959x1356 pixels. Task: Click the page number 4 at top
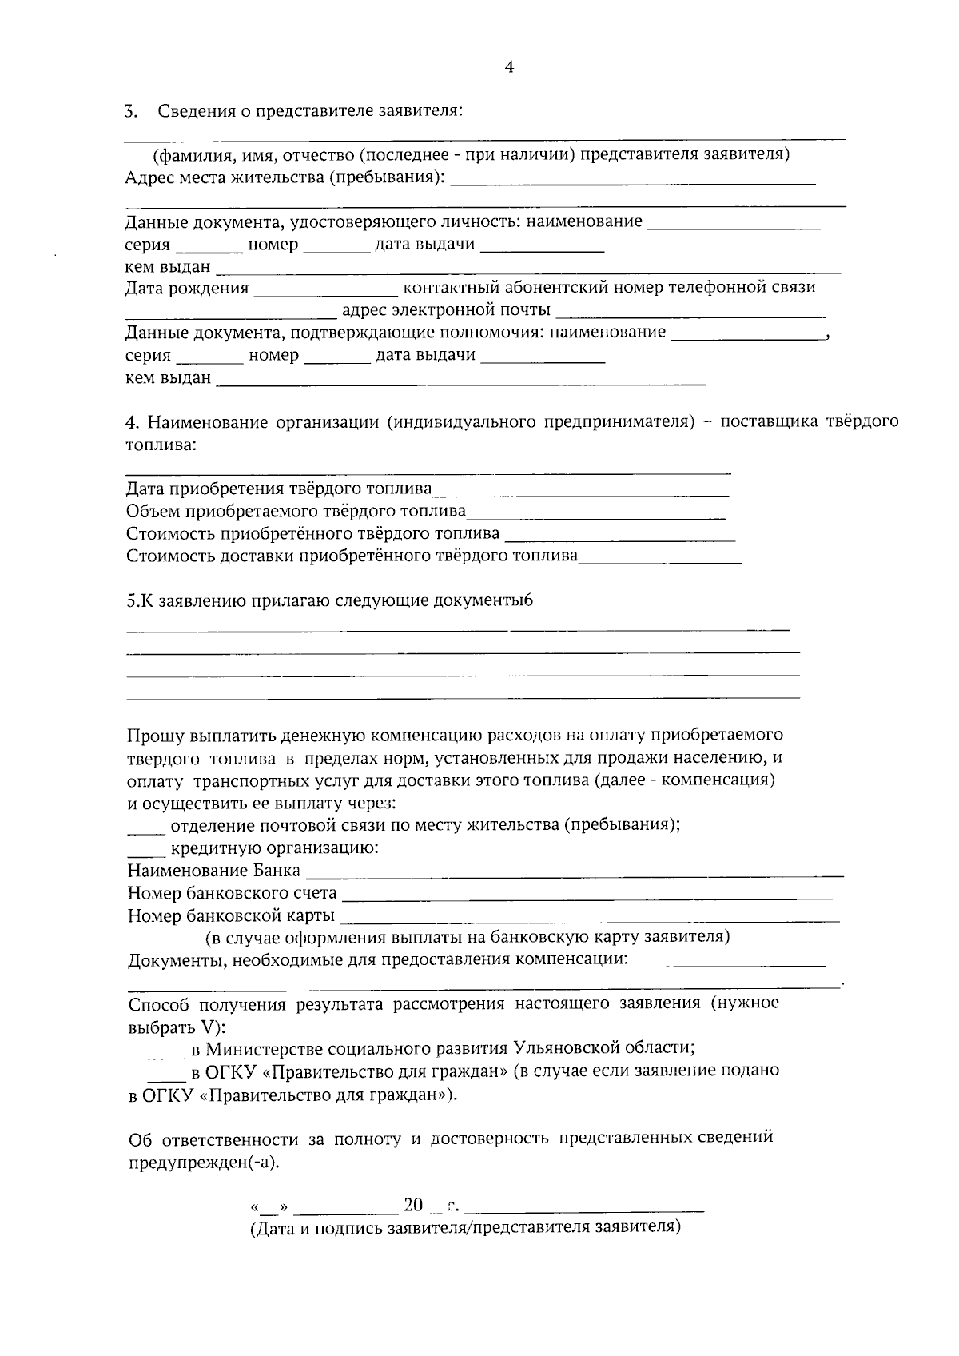(510, 68)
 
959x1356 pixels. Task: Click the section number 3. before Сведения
(132, 110)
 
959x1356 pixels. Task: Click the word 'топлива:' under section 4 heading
(161, 444)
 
